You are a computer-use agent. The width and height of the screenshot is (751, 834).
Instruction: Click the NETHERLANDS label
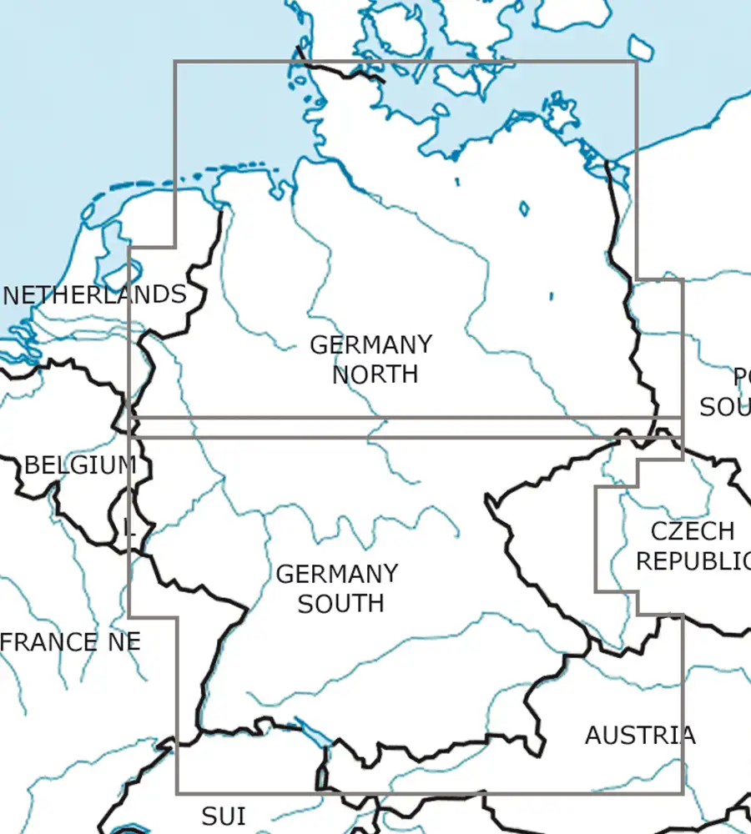point(94,295)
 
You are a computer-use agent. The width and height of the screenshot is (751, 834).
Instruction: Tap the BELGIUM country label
point(80,465)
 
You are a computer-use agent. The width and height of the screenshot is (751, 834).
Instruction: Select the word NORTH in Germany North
point(375,374)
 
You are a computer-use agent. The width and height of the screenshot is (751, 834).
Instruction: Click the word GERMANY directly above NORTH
point(371,345)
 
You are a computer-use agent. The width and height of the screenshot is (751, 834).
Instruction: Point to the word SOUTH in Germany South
point(340,603)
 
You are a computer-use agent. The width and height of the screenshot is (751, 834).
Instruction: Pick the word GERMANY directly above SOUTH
point(337,575)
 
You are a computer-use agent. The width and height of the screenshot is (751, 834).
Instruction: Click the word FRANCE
point(48,642)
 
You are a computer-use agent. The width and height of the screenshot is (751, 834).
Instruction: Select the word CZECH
point(693,531)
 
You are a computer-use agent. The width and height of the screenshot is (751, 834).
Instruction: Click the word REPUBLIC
point(693,561)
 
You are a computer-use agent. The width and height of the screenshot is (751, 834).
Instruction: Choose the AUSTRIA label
point(639,736)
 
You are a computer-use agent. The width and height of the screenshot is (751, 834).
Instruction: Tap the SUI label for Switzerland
point(224,815)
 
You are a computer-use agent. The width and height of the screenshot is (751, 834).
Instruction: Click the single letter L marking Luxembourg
point(128,527)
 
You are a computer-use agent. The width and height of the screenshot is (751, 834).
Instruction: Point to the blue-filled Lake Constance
point(314,735)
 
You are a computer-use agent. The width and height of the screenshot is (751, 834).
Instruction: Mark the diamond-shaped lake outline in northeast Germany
point(524,208)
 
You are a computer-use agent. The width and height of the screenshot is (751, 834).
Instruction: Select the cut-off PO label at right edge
point(741,378)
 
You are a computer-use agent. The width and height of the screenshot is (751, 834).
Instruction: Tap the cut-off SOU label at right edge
point(724,407)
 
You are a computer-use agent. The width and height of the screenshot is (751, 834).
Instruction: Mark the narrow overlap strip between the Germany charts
point(401,426)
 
